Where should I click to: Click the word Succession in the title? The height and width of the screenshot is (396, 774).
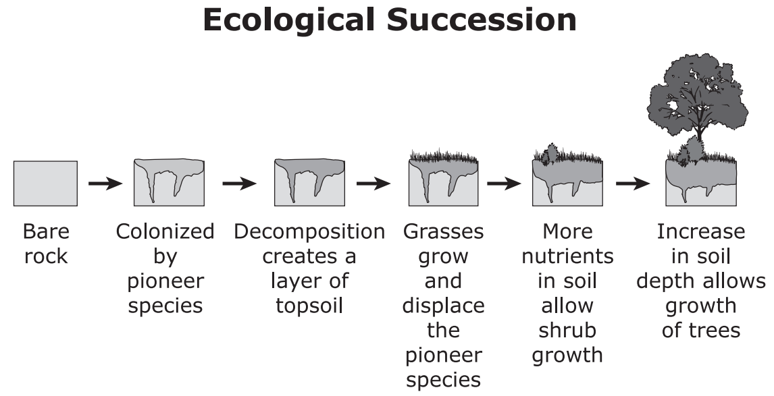(x=482, y=20)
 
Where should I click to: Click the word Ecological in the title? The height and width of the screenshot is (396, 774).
(x=288, y=21)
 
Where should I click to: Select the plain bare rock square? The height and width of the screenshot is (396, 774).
(x=45, y=183)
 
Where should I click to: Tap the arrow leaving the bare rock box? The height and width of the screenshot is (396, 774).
(x=105, y=183)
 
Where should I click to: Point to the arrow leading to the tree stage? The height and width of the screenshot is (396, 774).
(x=633, y=183)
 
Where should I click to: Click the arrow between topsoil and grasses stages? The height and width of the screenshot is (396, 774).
(x=373, y=183)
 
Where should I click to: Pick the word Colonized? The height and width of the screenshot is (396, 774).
(x=165, y=231)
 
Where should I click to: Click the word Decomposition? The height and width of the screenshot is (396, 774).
(x=309, y=232)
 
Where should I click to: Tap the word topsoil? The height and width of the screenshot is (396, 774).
(x=309, y=306)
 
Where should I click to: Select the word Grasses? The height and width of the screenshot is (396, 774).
(x=443, y=231)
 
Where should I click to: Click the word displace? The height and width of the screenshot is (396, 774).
(x=443, y=306)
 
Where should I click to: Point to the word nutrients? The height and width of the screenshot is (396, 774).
(x=567, y=256)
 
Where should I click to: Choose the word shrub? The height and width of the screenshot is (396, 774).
(x=567, y=330)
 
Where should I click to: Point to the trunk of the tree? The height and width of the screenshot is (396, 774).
(x=698, y=136)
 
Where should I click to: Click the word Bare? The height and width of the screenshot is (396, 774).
(x=46, y=231)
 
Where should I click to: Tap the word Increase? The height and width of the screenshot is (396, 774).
(x=701, y=231)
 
